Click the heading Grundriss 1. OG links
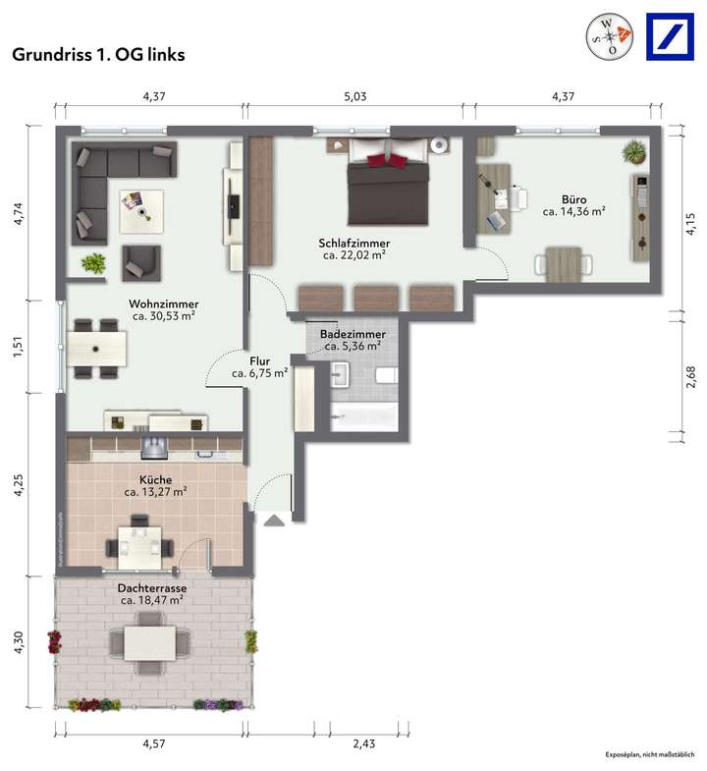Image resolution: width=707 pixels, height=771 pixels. click(x=98, y=55)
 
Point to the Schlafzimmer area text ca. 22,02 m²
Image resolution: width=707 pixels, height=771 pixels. click(x=354, y=255)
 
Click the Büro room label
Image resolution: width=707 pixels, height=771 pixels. click(x=573, y=197)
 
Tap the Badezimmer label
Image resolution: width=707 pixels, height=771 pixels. click(x=353, y=334)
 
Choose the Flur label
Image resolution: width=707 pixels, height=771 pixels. click(x=259, y=360)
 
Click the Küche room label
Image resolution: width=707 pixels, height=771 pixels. click(x=155, y=479)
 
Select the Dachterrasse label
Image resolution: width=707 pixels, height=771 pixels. click(x=152, y=587)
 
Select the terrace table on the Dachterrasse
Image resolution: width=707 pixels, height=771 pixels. click(x=150, y=643)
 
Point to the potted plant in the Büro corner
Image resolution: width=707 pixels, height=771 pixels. click(x=634, y=152)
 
